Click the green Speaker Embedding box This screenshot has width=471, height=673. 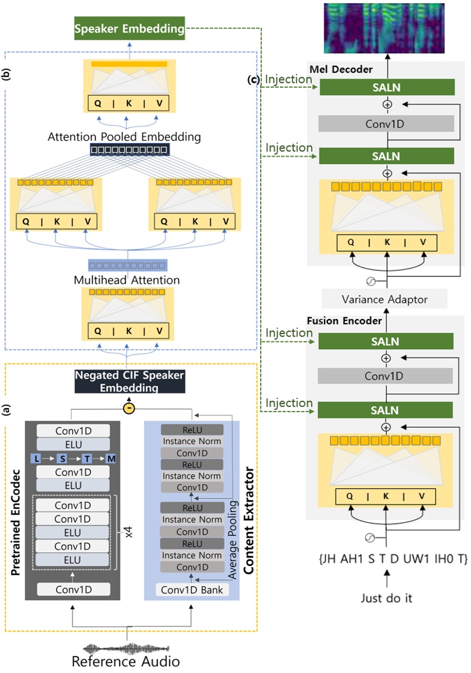[129, 29]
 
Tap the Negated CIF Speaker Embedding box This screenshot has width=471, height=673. [129, 382]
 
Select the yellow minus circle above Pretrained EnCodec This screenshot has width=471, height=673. [128, 409]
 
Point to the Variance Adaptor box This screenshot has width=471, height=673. [384, 299]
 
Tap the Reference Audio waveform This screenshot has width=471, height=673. [127, 648]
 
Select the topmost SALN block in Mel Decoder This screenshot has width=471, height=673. [386, 88]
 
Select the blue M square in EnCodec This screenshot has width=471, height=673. [112, 459]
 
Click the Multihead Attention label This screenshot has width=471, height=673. [127, 279]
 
